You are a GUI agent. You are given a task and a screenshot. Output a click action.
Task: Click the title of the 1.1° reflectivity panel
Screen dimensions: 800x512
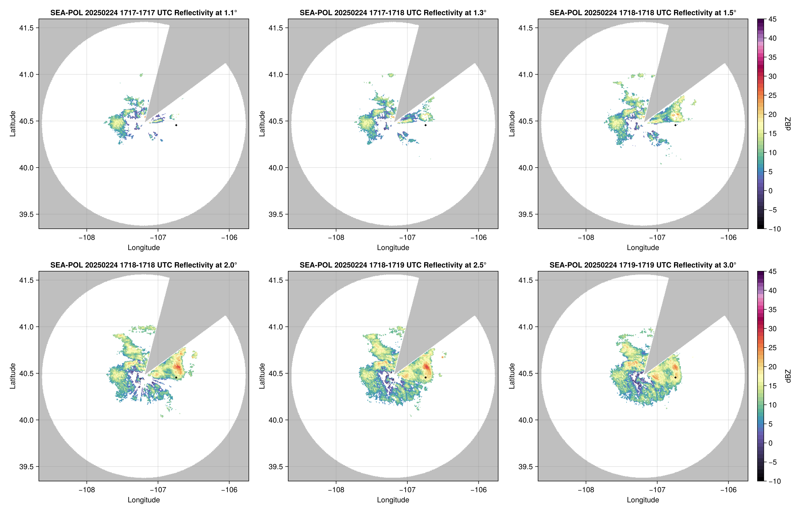point(144,13)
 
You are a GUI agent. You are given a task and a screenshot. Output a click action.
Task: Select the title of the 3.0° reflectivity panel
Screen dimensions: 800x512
point(643,265)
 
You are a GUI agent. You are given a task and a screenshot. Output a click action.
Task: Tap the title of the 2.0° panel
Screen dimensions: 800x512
point(144,265)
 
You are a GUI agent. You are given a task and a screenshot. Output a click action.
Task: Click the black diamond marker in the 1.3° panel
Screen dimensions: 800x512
point(425,125)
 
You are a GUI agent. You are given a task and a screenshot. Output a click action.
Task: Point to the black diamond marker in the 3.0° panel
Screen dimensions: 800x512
point(675,377)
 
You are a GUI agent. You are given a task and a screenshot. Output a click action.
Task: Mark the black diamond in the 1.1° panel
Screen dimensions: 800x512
point(176,125)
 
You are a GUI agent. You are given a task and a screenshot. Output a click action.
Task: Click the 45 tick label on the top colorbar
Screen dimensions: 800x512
point(772,19)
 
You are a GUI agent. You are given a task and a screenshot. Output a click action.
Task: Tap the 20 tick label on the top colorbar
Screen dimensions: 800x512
point(772,114)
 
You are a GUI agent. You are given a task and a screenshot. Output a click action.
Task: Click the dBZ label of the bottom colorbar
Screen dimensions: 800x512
point(788,376)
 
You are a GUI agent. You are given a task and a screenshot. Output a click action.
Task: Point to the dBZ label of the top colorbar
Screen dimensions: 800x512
point(788,124)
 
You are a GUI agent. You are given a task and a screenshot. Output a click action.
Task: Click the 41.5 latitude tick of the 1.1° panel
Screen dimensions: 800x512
point(26,28)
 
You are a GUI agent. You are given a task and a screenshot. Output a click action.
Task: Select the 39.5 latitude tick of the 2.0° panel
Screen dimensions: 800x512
point(26,466)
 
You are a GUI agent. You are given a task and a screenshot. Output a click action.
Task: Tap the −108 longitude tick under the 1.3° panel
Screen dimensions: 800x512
point(336,237)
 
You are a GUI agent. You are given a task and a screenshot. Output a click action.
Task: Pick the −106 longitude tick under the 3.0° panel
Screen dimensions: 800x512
point(728,490)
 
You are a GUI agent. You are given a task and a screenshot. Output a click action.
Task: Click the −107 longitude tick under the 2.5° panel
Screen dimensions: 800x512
point(407,490)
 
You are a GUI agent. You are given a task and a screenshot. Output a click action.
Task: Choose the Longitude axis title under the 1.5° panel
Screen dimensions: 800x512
point(643,247)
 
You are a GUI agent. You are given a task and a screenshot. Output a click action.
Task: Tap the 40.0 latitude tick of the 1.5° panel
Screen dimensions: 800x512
point(525,168)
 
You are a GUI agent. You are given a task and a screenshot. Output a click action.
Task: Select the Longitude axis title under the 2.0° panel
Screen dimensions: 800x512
point(144,500)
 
